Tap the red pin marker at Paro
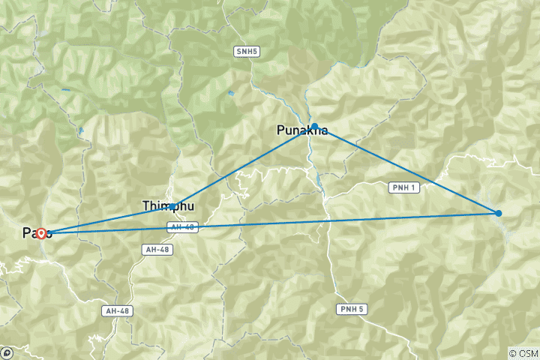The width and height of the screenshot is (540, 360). (x=42, y=233)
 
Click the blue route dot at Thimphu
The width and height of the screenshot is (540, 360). (x=172, y=206)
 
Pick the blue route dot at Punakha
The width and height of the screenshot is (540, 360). (x=315, y=126)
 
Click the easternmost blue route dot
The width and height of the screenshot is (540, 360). (x=499, y=214)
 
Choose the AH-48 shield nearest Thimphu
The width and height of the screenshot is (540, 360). (x=184, y=226)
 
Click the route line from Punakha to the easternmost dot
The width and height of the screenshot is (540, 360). (x=405, y=169)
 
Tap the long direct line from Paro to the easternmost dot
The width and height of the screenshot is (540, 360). (x=300, y=222)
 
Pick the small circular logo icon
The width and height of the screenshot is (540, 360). (x=7, y=352)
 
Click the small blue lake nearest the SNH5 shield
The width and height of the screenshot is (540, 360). (x=230, y=94)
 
